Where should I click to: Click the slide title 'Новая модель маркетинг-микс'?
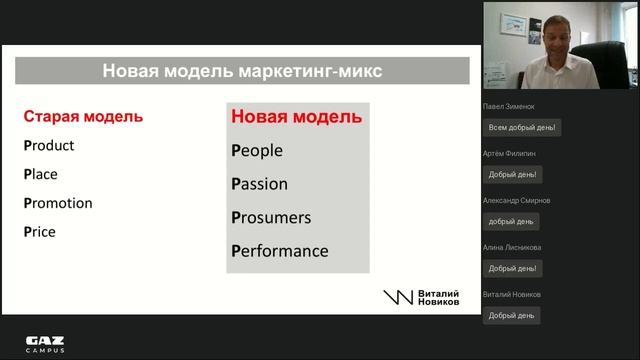[x=242, y=71]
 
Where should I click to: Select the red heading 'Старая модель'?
[x=82, y=116]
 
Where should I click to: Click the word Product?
[x=49, y=145]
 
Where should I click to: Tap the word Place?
[x=41, y=174]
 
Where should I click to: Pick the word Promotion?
[x=58, y=203]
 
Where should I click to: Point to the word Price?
[x=40, y=232]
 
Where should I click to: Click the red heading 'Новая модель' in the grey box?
[x=296, y=117]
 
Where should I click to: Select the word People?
[x=257, y=151]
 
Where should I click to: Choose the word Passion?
[x=259, y=184]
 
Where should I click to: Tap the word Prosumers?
[x=271, y=217]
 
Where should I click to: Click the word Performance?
[x=279, y=251]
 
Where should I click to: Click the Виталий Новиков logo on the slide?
[x=421, y=297]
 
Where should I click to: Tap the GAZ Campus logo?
[x=45, y=344]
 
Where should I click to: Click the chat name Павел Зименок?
[x=511, y=105]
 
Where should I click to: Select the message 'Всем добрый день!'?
[x=521, y=127]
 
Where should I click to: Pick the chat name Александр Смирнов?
[x=516, y=200]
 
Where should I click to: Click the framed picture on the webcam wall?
[x=513, y=24]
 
